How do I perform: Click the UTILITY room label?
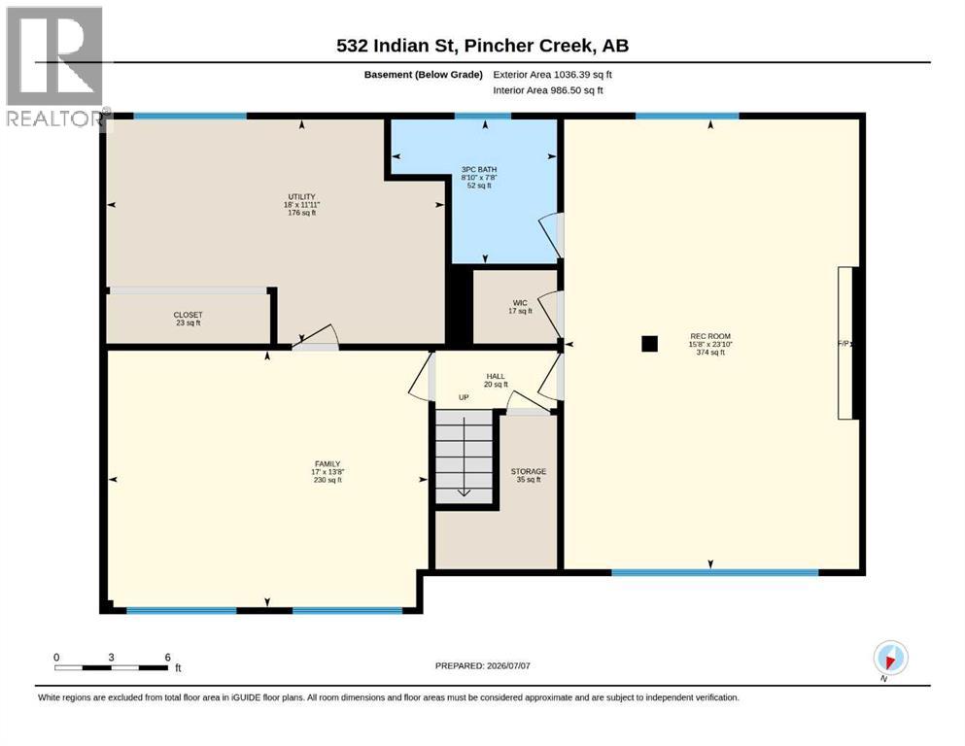point(301,197)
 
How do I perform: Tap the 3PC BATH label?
point(479,169)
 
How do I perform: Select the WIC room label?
point(520,303)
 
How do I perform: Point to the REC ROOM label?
point(710,336)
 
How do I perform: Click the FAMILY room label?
point(327,463)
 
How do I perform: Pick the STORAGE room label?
point(528,471)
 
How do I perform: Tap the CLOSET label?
point(188,315)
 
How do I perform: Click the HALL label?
point(496,376)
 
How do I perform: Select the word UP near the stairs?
point(464,397)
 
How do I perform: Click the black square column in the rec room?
point(649,344)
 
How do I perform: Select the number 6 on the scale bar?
point(167,657)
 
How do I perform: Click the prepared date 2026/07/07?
point(508,665)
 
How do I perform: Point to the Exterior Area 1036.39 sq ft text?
point(552,75)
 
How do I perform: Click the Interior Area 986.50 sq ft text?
point(548,89)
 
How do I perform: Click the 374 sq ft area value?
point(710,353)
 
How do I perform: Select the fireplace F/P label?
point(844,344)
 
